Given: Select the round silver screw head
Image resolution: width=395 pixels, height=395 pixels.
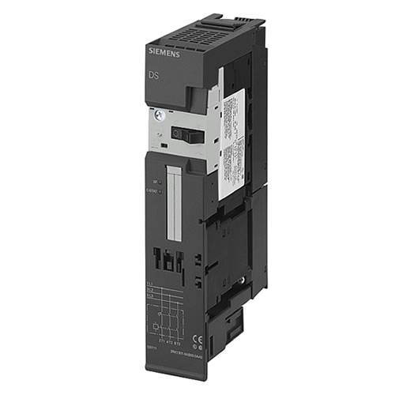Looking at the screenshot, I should pos(159,115).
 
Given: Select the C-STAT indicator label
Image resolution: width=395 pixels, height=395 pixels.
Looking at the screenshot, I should pos(151,190).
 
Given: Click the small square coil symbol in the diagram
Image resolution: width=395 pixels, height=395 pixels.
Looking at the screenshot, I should pos(157,323).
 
